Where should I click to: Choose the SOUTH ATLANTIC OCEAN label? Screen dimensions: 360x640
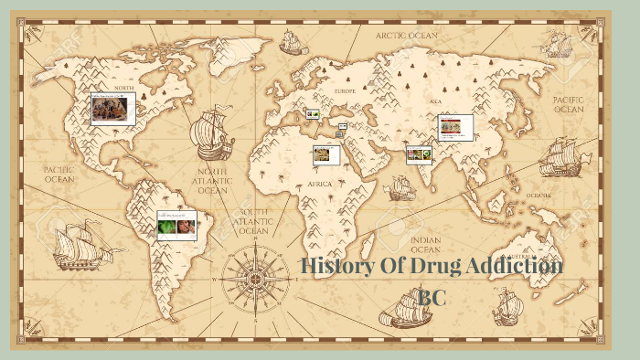[253, 220]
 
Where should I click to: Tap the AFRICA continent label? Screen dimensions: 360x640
[319, 184]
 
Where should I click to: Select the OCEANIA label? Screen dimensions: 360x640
[538, 196]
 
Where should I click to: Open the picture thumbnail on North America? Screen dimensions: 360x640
[113, 109]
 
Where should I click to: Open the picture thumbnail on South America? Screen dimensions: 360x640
[176, 225]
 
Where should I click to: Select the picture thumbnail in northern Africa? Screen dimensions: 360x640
[325, 155]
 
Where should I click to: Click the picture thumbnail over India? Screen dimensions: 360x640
[419, 155]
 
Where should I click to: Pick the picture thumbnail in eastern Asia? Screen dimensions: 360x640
[455, 128]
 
